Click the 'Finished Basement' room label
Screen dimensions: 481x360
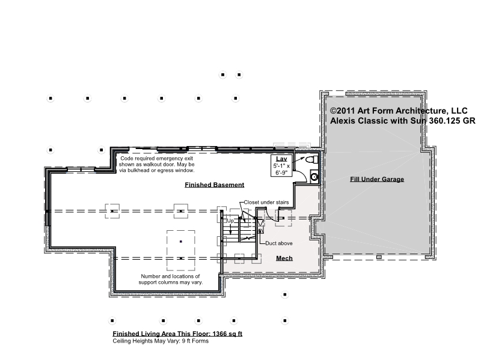[215, 185]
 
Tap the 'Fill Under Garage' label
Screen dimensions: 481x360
[377, 179]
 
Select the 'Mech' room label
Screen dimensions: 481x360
[284, 258]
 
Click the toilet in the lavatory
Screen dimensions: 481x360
[312, 159]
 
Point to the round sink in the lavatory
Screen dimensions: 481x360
[314, 177]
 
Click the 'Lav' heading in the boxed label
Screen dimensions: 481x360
[281, 159]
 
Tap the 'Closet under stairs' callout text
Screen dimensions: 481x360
[266, 203]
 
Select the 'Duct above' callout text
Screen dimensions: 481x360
[279, 243]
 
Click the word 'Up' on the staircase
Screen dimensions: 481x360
[230, 221]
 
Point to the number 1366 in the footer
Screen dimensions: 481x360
[219, 334]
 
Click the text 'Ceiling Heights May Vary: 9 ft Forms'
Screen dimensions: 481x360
[161, 341]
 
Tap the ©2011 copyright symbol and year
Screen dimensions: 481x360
[343, 111]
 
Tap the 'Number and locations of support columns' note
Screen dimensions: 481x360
[171, 279]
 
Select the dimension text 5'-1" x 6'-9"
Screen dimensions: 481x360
[281, 169]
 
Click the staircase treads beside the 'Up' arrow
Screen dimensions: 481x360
[231, 230]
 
